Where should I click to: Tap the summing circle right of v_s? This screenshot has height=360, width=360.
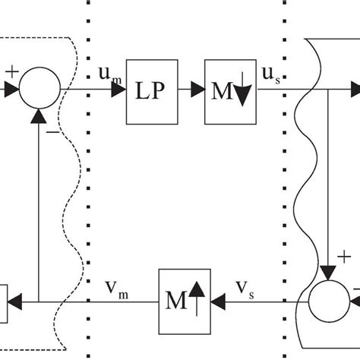[327, 302]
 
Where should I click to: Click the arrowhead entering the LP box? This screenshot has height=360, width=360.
[119, 90]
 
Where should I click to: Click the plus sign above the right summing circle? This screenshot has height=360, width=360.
[344, 257]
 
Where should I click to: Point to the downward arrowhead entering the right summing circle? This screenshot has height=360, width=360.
[328, 273]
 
